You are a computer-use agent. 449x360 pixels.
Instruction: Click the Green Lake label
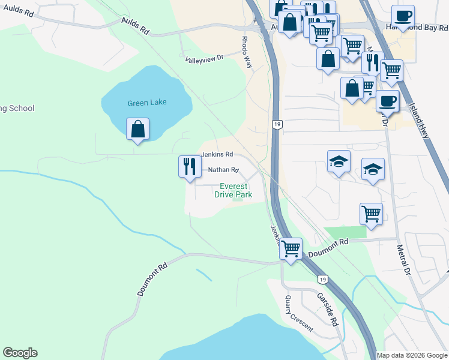[x=147, y=103]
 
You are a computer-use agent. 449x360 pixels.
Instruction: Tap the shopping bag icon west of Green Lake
[x=138, y=129]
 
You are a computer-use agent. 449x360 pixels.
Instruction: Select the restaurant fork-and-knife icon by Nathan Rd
[x=190, y=166]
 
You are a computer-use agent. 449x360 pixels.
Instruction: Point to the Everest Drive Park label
[x=234, y=190]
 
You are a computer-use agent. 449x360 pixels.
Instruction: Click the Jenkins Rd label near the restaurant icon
[x=216, y=154]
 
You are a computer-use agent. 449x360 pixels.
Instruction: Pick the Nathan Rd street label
[x=223, y=170]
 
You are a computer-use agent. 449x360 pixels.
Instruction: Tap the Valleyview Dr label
[x=204, y=58]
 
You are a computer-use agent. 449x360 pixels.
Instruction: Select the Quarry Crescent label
[x=298, y=313]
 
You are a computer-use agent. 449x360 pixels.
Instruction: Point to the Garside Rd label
[x=328, y=308]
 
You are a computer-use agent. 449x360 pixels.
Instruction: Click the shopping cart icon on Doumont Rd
[x=291, y=248]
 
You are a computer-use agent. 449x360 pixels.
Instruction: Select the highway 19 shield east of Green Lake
[x=276, y=124]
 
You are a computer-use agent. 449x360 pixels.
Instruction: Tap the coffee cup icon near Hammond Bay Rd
[x=403, y=16]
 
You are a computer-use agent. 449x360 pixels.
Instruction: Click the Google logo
[x=20, y=353]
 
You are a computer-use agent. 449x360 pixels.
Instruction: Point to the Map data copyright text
[x=412, y=355]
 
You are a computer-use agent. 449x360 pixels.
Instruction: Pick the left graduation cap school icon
[x=339, y=161]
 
